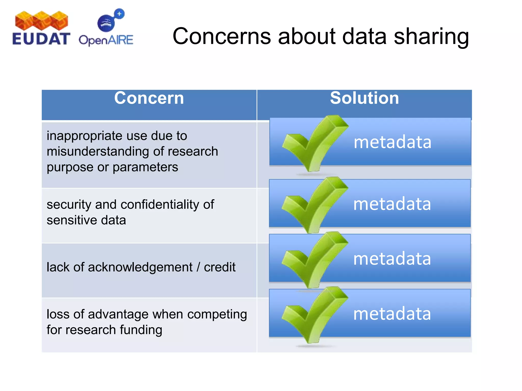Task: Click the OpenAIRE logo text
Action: coord(106,40)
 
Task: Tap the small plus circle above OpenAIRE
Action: coord(119,14)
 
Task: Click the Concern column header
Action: coord(149,98)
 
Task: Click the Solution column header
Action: coord(364,98)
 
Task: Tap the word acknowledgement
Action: coord(140,267)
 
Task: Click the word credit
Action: coord(219,267)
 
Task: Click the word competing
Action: coord(217,314)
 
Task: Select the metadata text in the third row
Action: coord(392,259)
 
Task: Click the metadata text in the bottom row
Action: coord(392,314)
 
